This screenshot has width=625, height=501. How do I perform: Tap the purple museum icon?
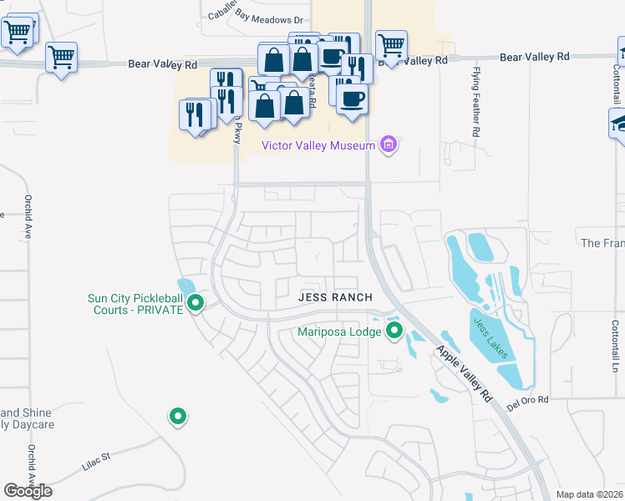(388, 145)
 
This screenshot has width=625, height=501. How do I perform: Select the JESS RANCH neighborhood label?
(334, 297)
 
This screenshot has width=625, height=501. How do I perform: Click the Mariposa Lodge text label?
(340, 331)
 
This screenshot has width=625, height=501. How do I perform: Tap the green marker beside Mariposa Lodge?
(394, 331)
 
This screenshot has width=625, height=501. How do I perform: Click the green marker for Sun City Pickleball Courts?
(196, 303)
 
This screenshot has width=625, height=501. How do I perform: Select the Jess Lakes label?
(490, 338)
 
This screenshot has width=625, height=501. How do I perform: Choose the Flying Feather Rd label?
(475, 102)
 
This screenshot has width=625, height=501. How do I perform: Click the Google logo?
(28, 491)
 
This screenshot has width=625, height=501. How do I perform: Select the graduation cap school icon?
(619, 124)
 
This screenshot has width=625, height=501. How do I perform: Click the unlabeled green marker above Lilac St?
(177, 415)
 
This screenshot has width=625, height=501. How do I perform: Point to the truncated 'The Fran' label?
(602, 243)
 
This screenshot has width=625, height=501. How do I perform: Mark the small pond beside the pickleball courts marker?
(185, 289)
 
